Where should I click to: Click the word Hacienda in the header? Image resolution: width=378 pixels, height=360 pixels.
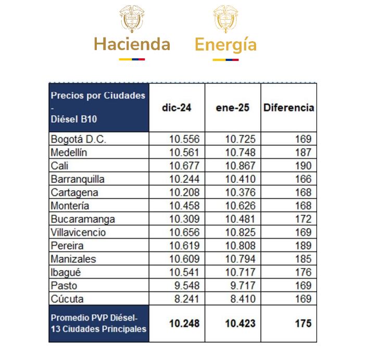click(132, 44)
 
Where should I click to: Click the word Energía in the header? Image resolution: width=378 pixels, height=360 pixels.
click(225, 45)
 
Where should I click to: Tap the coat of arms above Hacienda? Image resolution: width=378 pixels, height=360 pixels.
click(132, 18)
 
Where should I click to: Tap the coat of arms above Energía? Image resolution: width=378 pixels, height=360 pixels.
click(225, 18)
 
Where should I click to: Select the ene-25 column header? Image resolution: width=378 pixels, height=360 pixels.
click(232, 108)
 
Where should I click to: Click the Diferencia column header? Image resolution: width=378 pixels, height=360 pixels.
click(288, 108)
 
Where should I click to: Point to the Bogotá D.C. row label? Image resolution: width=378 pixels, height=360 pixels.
click(79, 139)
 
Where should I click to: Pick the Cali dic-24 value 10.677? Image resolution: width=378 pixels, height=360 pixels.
click(184, 166)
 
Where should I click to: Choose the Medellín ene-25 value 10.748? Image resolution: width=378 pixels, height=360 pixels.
click(240, 153)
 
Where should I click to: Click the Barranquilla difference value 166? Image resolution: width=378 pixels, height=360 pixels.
click(303, 179)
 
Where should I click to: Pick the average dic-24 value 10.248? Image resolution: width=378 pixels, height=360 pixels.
click(184, 324)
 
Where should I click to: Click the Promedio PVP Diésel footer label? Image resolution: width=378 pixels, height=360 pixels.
click(98, 324)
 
